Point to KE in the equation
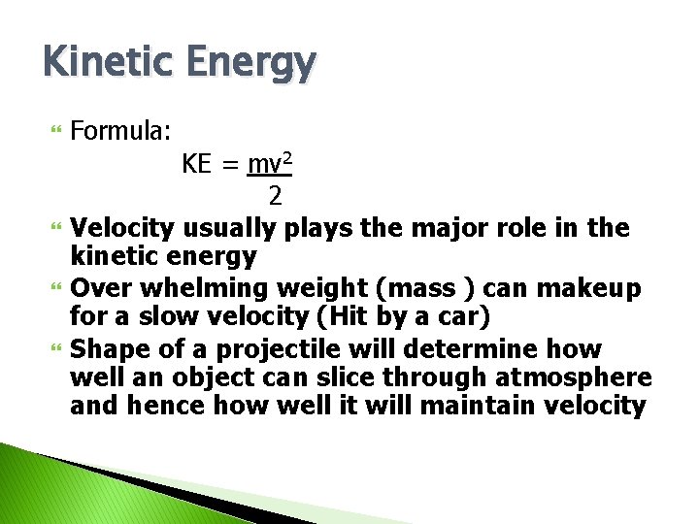196,164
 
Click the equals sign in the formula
230,165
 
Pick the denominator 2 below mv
276,196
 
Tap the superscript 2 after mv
288,158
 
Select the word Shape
111,348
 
